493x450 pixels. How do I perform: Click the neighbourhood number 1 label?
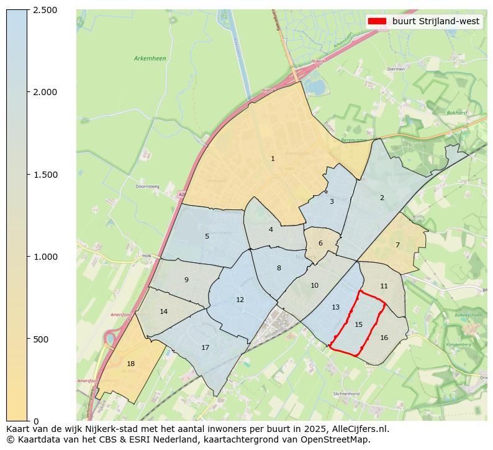(273, 159)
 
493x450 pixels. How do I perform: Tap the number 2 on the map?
(382, 198)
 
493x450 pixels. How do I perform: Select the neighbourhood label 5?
(207, 236)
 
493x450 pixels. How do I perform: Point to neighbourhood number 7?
(397, 245)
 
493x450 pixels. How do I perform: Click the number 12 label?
(240, 300)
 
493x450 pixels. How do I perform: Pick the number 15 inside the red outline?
(358, 324)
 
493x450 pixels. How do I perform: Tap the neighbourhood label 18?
(130, 364)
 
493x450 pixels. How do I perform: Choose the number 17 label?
(205, 347)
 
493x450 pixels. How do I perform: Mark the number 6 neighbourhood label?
(320, 244)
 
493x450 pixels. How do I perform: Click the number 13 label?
(335, 307)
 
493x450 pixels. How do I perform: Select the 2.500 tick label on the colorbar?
(45, 10)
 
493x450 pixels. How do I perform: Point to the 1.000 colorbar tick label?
(45, 257)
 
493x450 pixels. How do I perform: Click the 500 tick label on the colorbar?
(41, 339)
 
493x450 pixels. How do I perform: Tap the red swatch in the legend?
(377, 21)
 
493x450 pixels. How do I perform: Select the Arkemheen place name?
(150, 58)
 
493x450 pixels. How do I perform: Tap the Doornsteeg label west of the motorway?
(148, 186)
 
